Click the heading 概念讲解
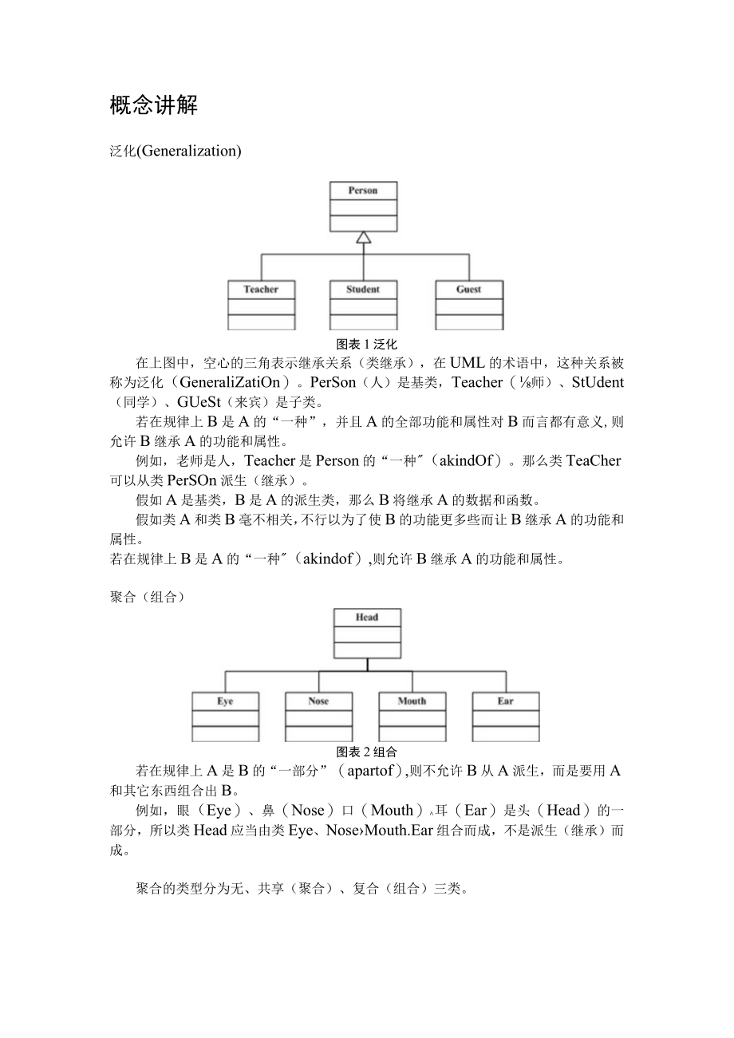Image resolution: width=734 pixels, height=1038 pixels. click(153, 105)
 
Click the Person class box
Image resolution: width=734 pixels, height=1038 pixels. click(363, 206)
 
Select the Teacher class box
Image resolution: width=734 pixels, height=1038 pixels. click(261, 304)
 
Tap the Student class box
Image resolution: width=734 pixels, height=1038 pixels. click(363, 304)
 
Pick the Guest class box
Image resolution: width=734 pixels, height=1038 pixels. click(469, 304)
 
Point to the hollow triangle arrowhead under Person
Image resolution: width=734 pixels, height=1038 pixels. click(364, 237)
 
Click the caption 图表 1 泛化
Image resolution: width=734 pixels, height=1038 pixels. click(367, 344)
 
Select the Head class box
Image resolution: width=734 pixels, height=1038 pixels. click(367, 633)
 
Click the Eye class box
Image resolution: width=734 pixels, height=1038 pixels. click(225, 716)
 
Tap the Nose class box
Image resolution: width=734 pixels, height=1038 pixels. click(318, 716)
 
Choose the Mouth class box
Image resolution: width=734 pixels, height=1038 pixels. click(412, 716)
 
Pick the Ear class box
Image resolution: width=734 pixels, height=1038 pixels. click(506, 716)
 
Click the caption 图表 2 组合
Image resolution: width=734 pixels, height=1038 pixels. click(367, 752)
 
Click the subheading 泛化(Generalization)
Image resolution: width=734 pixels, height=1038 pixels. click(175, 150)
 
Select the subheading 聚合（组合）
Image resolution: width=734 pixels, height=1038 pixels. click(147, 598)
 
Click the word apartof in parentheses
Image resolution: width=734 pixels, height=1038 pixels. click(371, 771)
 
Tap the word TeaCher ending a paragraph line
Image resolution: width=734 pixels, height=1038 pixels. click(593, 460)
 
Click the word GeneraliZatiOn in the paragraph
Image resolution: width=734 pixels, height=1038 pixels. click(220, 382)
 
